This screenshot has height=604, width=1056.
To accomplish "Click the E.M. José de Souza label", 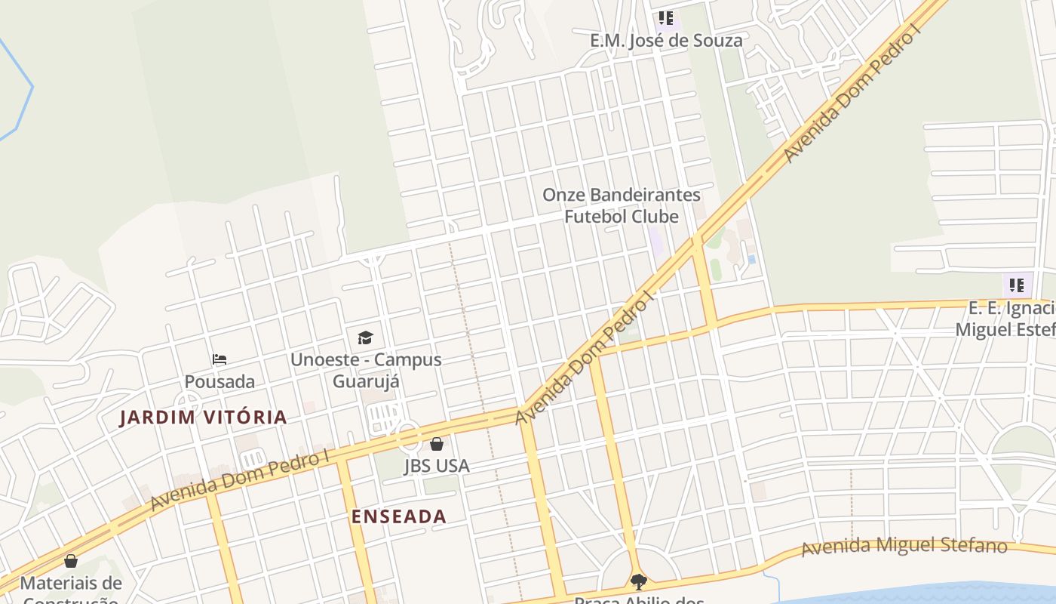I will pyautogui.click(x=666, y=41).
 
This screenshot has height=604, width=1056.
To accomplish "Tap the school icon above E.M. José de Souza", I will pyautogui.click(x=665, y=18).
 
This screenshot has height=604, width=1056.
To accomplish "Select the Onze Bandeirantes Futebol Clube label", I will pyautogui.click(x=622, y=205).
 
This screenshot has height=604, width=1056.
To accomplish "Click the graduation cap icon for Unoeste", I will pyautogui.click(x=365, y=337).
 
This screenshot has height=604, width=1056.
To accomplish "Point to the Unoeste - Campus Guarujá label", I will pyautogui.click(x=366, y=370).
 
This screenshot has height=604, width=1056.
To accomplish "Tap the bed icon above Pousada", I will pyautogui.click(x=219, y=359).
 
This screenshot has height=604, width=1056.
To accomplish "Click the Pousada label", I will pyautogui.click(x=219, y=381).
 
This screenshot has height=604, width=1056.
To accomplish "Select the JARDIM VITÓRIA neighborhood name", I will pyautogui.click(x=203, y=418).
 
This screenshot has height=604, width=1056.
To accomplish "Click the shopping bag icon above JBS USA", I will pyautogui.click(x=437, y=444).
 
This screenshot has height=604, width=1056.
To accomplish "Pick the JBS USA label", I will pyautogui.click(x=437, y=466).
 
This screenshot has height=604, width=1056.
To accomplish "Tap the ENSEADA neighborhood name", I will pyautogui.click(x=399, y=517).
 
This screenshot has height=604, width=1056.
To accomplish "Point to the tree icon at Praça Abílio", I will pyautogui.click(x=639, y=581).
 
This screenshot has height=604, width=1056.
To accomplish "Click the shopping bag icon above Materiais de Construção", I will pyautogui.click(x=71, y=561).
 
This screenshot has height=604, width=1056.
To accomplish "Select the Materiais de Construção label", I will pyautogui.click(x=71, y=589).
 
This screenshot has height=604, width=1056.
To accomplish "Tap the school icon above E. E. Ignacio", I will pyautogui.click(x=1017, y=285).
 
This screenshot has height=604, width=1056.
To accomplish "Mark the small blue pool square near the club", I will pyautogui.click(x=751, y=260).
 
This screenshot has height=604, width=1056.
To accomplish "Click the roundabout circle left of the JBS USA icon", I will pyautogui.click(x=408, y=436).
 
